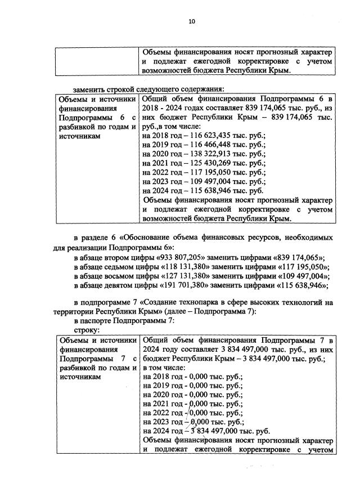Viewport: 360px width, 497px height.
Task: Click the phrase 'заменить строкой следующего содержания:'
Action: (148, 89)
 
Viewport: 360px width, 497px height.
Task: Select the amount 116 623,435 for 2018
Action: (205, 136)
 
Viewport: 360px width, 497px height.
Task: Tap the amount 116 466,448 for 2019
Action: (205, 146)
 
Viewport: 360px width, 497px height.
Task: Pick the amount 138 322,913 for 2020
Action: (205, 155)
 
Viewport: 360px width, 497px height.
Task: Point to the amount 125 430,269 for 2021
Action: (205, 164)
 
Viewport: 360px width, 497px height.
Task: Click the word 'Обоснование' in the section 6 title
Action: (149, 239)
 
